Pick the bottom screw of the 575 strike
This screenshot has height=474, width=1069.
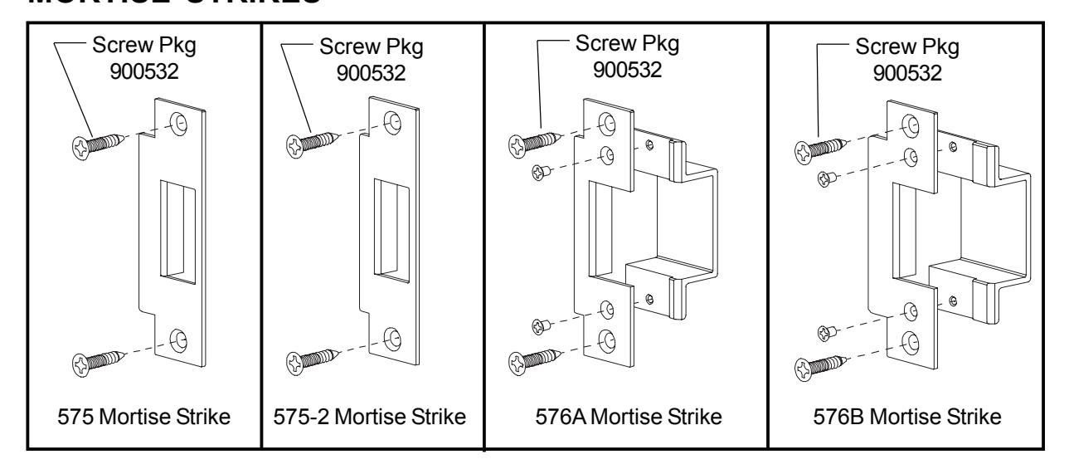click(95, 362)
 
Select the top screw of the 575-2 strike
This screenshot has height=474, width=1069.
click(309, 142)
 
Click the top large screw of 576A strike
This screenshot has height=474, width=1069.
click(532, 144)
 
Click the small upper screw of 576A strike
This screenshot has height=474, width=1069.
click(541, 171)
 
